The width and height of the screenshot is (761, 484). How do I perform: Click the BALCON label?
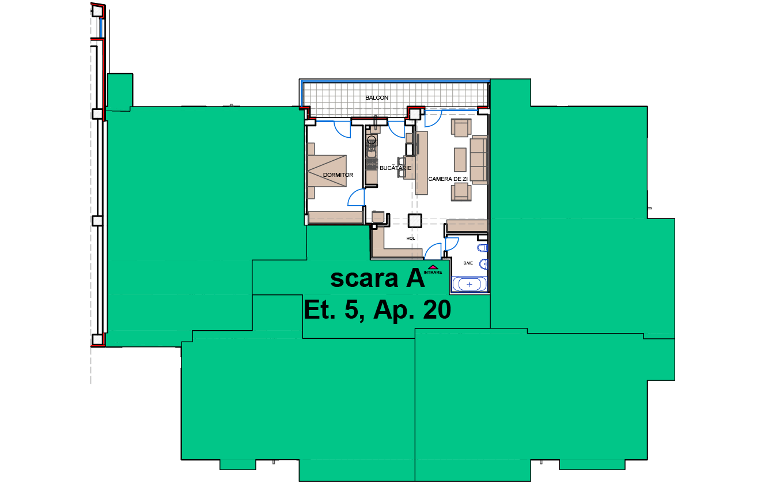click(376, 98)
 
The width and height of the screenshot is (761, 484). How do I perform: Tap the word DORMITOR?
click(338, 175)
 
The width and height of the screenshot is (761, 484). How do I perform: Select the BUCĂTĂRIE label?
click(395, 168)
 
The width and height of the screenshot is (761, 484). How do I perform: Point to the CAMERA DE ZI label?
click(448, 179)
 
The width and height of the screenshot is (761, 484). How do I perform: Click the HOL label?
click(411, 239)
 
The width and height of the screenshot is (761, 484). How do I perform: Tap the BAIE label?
click(468, 263)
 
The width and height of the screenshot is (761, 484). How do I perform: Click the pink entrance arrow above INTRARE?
click(433, 267)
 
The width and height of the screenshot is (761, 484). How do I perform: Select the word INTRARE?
click(433, 272)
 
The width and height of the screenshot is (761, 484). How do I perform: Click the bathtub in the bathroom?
click(469, 284)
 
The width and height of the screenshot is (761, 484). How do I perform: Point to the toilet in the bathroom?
click(483, 248)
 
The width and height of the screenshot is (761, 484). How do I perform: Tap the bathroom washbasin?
click(484, 264)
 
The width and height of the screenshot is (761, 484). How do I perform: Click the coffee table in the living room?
click(460, 160)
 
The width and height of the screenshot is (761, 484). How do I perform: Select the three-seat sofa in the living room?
click(479, 160)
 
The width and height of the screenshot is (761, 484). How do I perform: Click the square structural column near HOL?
click(415, 221)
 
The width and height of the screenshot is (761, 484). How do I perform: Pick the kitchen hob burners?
click(372, 165)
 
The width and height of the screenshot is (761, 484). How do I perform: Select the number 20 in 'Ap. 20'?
click(437, 309)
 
